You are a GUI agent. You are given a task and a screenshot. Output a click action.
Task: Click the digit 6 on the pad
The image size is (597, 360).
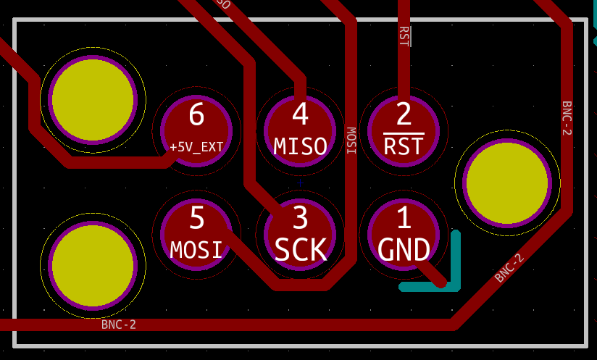pos(196,115)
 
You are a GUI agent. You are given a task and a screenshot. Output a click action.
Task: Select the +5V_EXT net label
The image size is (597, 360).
pos(196,147)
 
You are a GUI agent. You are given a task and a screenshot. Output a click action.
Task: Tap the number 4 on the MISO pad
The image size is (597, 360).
pos(300,115)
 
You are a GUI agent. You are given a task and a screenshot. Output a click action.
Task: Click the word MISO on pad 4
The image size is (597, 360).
pos(300,147)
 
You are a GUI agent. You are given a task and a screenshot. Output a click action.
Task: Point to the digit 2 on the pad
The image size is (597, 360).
pos(404,115)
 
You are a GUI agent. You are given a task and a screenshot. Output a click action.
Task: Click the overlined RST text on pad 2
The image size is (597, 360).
pos(404,147)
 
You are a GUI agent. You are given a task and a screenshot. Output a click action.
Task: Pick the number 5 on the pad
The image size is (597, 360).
pos(196,218)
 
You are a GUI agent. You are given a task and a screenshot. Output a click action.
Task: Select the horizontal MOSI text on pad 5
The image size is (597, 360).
pos(196,251)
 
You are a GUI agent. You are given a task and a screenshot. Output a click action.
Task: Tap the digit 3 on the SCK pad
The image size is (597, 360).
pos(300,218)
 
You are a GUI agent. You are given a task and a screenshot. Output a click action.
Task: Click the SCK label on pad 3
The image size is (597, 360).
pos(300,251)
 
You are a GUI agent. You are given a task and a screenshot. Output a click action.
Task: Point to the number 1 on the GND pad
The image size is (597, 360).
pos(404,218)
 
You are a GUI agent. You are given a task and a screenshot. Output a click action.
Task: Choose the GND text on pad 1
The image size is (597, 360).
pos(404,251)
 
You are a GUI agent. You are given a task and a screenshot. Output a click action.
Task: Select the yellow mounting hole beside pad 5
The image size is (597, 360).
pos(93,265)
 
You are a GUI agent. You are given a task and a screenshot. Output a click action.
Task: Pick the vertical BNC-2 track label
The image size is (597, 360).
pos(567,118)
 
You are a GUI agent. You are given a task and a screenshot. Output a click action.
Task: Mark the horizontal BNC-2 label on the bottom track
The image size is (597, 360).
pos(119,325)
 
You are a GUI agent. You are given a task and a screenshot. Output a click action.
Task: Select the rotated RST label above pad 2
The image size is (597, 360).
pos(404,36)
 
